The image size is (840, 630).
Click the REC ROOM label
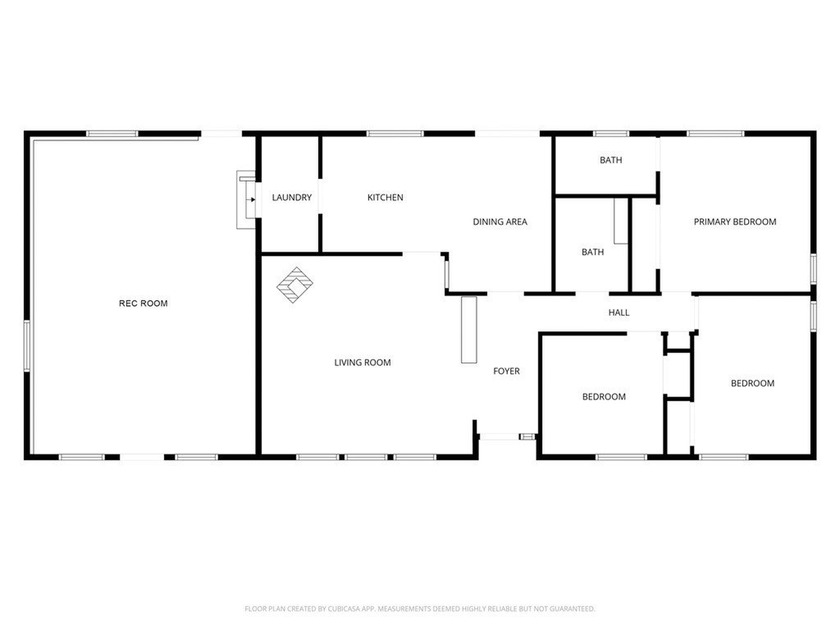pos(143,303)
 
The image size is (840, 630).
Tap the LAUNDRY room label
pos(292,197)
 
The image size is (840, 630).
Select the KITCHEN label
pos(385,197)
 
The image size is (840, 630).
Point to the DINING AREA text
pos(500,222)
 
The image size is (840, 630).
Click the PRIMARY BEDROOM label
pos(735,222)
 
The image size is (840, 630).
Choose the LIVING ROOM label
pos(362,363)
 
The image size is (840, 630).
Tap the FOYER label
pos(506,372)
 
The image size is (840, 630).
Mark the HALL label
pos(619,313)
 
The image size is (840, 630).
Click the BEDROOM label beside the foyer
pos(604,397)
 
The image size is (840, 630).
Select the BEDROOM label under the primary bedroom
pos(752,383)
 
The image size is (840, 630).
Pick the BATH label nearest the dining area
pos(593,252)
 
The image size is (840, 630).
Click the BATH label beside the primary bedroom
pos(610,160)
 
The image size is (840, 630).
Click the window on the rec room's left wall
pos(27,345)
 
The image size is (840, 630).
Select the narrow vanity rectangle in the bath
pos(620,221)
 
